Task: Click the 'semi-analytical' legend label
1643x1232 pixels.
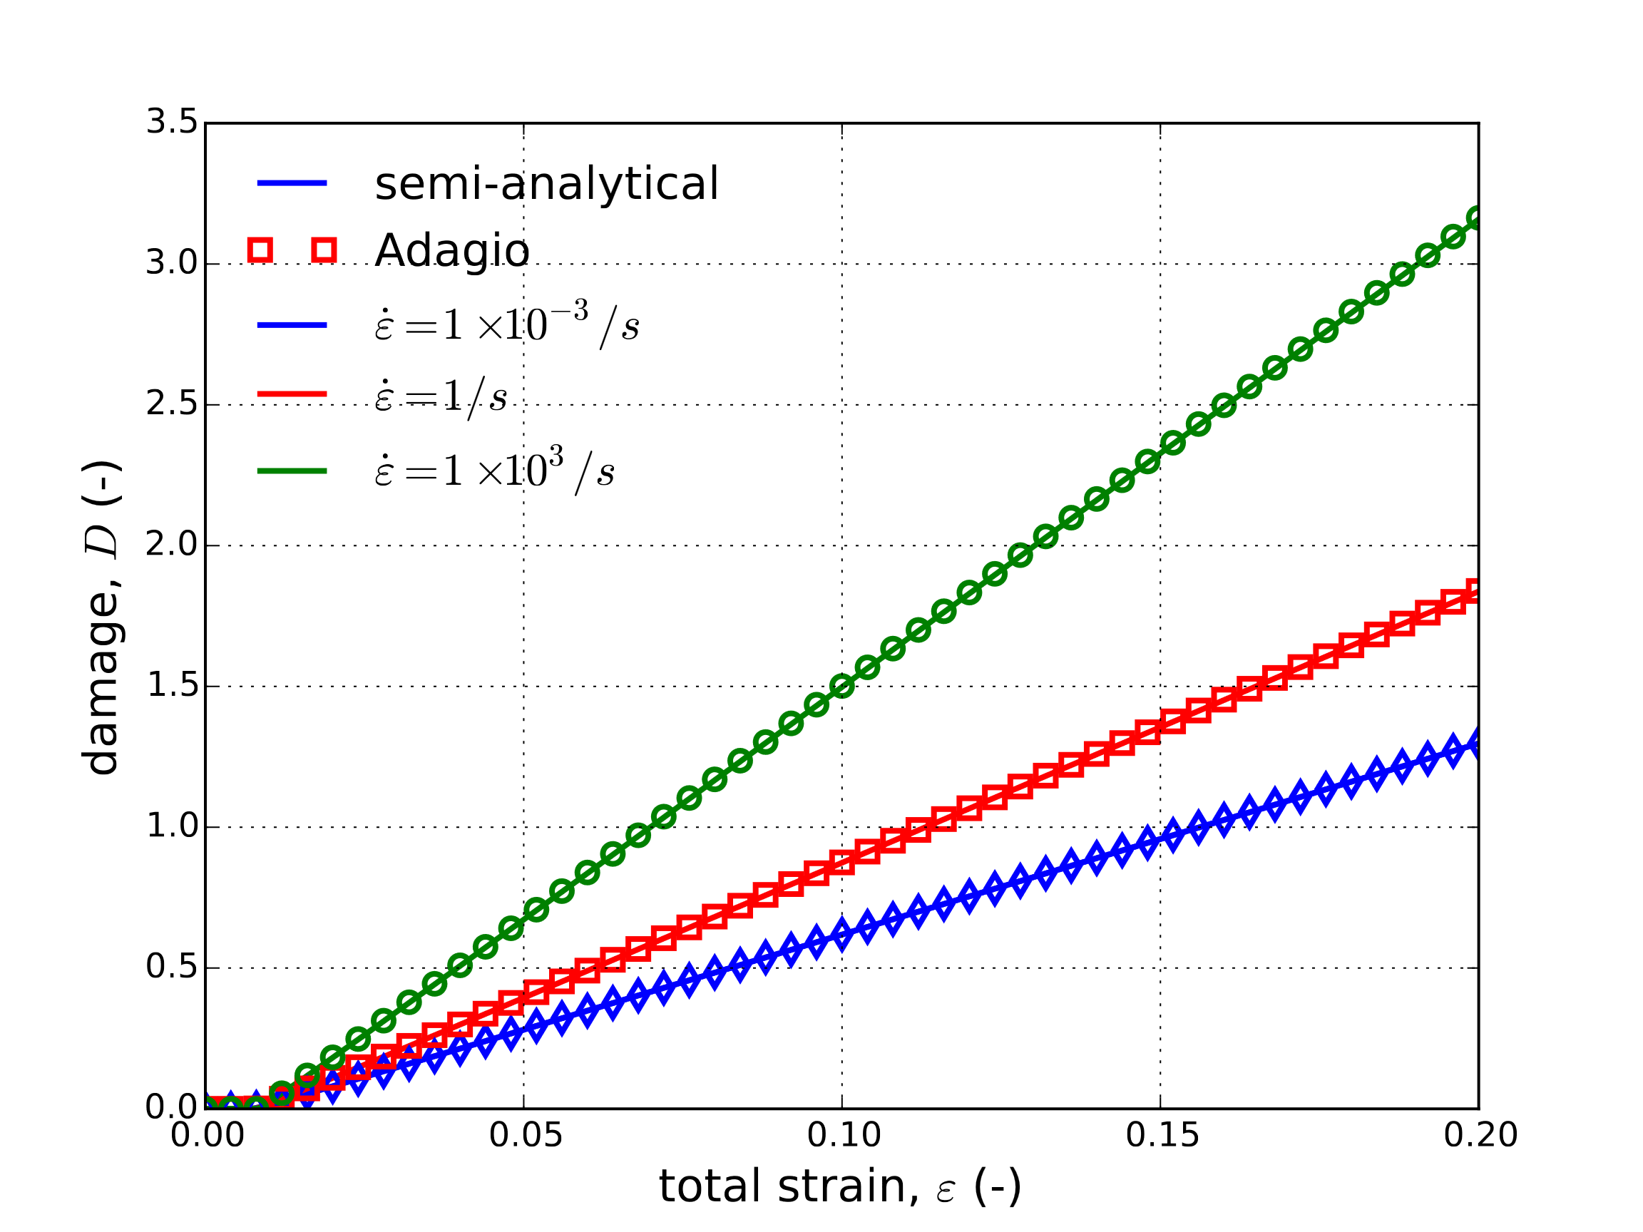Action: pos(546,183)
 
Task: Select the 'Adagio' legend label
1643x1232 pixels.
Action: pos(451,250)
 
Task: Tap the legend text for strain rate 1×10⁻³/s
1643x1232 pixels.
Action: pos(506,324)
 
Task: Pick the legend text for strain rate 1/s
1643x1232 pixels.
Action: pos(441,396)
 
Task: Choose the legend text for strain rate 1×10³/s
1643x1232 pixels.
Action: pos(495,470)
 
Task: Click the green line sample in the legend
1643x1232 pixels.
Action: pos(292,471)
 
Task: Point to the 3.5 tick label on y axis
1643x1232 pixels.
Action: pos(172,122)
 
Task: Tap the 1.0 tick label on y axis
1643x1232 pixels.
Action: pos(172,826)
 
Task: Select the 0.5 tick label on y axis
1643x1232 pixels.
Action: pos(172,967)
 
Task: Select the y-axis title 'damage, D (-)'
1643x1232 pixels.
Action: pos(102,617)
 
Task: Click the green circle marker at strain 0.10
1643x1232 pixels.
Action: pos(841,686)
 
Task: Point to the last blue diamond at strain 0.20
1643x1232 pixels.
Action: pos(1478,744)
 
